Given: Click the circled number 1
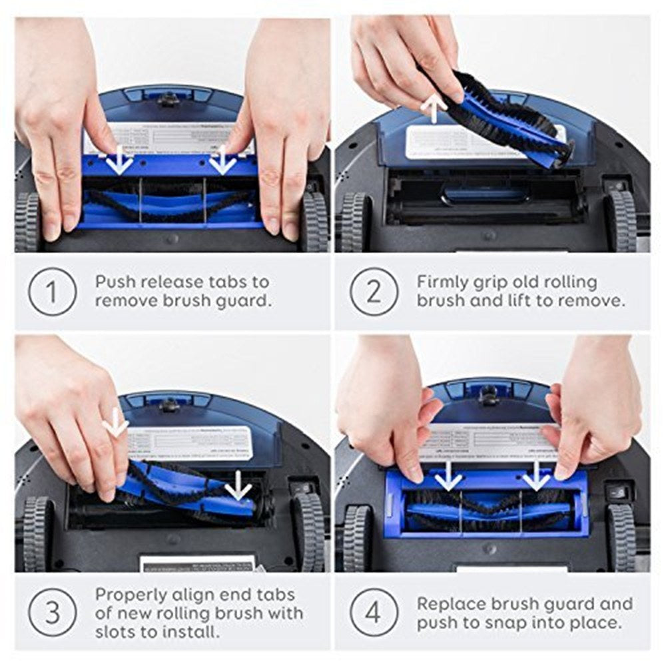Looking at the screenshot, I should coord(52,290).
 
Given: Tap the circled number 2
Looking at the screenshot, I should coord(375,290).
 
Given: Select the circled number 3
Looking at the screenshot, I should coord(52,611).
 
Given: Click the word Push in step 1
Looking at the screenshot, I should coord(117,281).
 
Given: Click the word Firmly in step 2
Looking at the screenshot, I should coord(444,281).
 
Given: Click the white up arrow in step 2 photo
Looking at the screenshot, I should coord(436,108).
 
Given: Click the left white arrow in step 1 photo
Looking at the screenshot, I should coord(120,161).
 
